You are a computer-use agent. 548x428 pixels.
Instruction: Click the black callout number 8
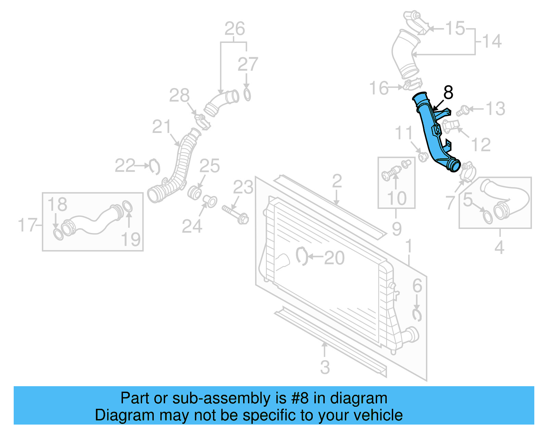tap(448, 93)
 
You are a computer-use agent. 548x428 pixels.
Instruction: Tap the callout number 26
tap(235, 29)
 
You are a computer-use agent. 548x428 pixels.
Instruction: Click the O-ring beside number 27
tap(247, 94)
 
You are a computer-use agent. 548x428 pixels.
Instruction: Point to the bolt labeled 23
tap(236, 214)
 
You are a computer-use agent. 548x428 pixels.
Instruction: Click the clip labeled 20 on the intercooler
tap(301, 256)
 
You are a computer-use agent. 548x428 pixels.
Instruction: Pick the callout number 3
tap(325, 367)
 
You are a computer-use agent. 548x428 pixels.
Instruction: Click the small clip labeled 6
tap(417, 315)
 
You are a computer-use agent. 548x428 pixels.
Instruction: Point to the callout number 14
tap(492, 41)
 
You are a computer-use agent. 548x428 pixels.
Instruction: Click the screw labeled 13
tap(463, 110)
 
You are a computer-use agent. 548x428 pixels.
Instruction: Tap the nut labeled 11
tap(423, 158)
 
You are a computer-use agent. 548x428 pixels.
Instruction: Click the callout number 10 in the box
tap(397, 198)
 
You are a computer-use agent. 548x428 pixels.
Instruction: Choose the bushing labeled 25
tap(195, 193)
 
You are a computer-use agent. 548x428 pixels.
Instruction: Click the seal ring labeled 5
tap(487, 217)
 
